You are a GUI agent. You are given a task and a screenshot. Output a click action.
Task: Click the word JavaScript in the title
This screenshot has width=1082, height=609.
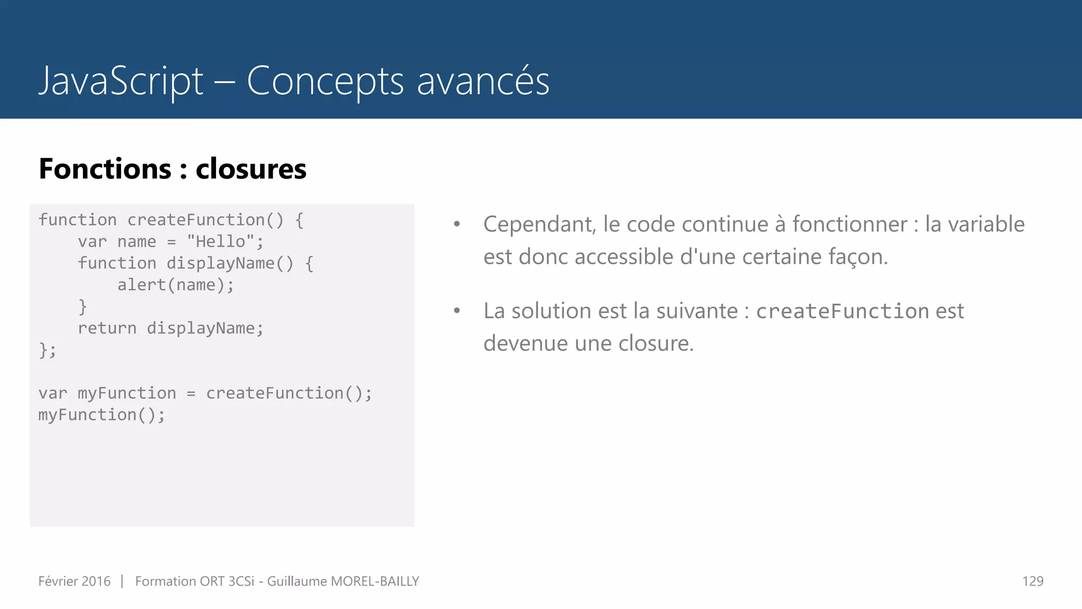120,81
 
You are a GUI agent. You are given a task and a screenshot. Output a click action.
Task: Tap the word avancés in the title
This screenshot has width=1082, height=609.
483,81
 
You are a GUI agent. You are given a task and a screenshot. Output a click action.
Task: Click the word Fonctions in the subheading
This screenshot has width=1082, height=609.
105,169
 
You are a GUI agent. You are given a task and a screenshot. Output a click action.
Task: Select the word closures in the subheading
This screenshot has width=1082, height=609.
251,169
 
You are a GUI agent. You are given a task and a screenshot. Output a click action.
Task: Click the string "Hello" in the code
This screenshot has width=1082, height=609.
220,242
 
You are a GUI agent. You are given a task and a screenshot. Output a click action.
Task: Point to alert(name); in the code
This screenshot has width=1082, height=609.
175,285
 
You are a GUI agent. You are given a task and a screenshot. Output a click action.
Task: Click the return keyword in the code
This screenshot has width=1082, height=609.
107,328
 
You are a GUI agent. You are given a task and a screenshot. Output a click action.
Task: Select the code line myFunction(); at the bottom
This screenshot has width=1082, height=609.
101,415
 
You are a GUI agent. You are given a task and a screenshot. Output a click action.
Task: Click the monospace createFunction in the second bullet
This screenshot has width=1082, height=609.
842,311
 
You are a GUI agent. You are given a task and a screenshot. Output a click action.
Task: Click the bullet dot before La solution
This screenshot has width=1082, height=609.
457,311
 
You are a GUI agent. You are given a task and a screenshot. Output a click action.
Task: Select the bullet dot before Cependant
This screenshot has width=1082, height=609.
457,225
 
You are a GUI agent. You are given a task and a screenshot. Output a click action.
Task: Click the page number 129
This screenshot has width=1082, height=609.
1032,582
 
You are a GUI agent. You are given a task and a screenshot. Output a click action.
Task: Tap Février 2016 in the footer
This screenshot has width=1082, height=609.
74,582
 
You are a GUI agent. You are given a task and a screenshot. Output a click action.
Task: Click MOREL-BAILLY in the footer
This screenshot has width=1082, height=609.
375,582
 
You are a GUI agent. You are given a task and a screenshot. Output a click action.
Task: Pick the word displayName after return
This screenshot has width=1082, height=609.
204,328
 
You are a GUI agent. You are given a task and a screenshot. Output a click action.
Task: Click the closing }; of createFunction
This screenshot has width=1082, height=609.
47,350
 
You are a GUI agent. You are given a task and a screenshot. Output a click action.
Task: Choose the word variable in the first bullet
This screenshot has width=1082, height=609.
975,225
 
